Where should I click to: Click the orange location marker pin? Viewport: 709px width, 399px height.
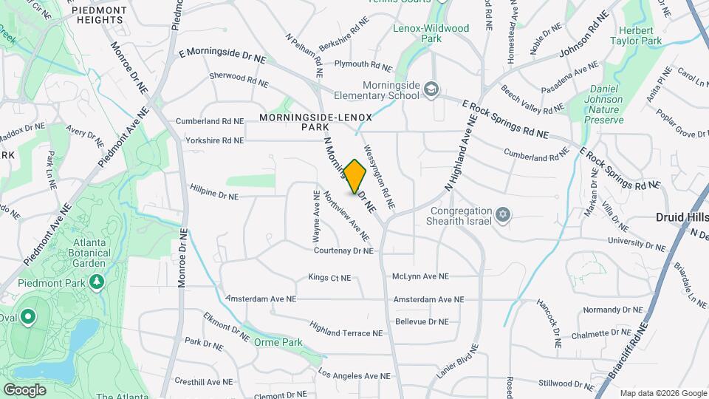coord(355,177)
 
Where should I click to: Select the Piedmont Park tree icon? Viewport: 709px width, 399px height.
coord(95,282)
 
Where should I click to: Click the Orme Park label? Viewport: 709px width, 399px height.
coord(278,343)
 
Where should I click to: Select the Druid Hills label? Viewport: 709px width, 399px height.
coord(682,218)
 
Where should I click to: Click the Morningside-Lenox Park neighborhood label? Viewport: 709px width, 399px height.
coord(315,122)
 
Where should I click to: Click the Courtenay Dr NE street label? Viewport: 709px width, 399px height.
coord(343,251)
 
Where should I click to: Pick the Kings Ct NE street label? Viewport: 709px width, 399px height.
coord(329,278)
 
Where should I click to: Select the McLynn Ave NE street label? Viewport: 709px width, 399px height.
coord(420,276)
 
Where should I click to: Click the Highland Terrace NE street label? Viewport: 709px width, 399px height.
coord(346,333)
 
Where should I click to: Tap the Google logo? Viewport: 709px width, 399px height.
coord(24,389)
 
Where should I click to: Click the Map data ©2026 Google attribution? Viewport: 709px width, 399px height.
coord(662,393)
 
